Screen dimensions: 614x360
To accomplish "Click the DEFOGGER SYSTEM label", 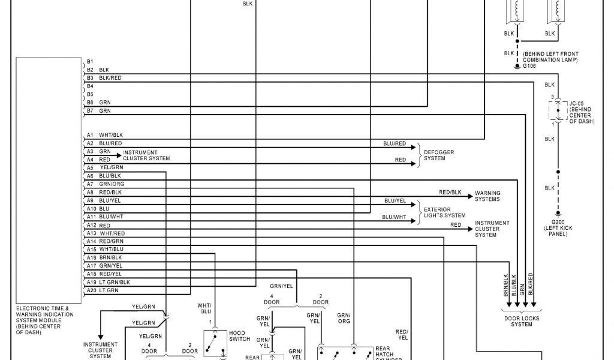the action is pos(438,155).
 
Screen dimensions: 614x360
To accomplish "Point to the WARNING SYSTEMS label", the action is pos(487,196).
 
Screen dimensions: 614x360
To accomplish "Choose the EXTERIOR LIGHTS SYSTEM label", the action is pos(444,212).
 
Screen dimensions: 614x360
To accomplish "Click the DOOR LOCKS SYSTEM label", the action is pos(517,322).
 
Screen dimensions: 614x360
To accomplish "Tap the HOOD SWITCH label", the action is pos(239,335).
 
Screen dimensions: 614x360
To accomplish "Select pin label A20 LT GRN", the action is pos(103,290).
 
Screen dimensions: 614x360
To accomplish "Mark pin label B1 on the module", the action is pos(89,62).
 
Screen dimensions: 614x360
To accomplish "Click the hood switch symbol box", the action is pos(215,343).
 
